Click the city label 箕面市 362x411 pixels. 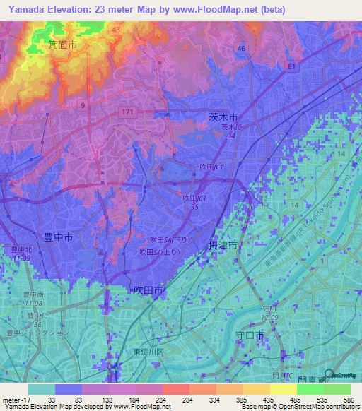62,44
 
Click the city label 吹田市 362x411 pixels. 148,290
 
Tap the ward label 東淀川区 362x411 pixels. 150,352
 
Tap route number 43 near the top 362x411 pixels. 115,30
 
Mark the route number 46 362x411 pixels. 241,48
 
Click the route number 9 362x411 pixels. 83,105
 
